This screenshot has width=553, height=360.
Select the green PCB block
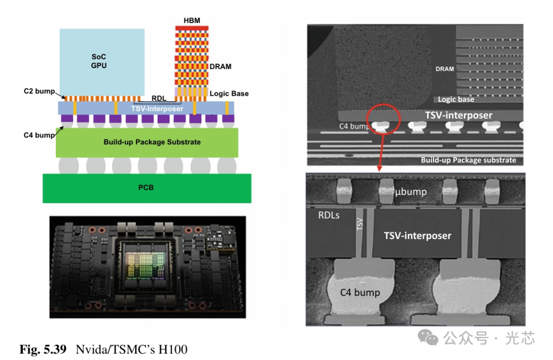coord(147,187)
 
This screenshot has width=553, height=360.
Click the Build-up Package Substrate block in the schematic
coord(147,142)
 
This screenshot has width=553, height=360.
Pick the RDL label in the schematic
coord(159,98)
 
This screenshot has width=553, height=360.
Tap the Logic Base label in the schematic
coord(229,93)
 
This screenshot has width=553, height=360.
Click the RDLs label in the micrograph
coord(329,215)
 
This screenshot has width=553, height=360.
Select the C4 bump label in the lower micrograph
coord(360,292)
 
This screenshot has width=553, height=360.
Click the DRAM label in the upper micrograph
coord(444,69)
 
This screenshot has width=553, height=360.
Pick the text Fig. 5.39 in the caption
coord(43,350)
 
